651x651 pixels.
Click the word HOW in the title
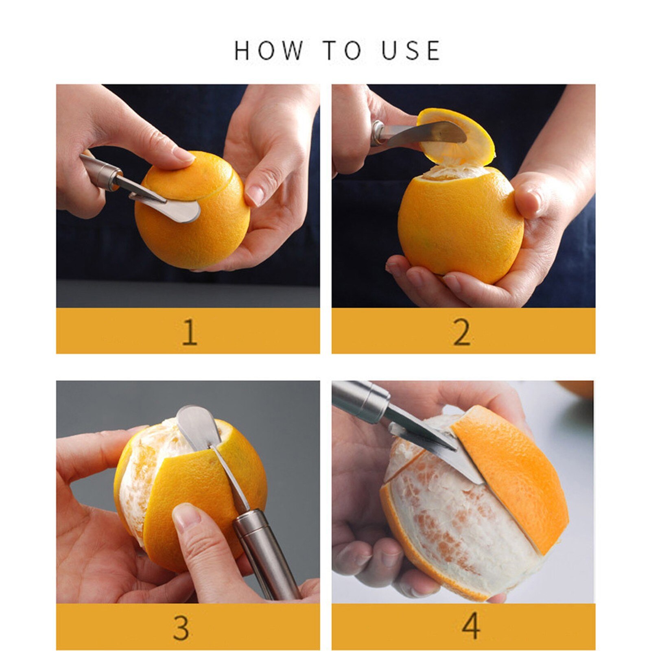268,50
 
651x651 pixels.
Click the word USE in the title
411,50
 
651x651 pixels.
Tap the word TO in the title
342,50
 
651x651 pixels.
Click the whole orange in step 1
195,228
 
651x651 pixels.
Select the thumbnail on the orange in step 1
183,155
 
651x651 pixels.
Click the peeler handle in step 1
102,171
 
